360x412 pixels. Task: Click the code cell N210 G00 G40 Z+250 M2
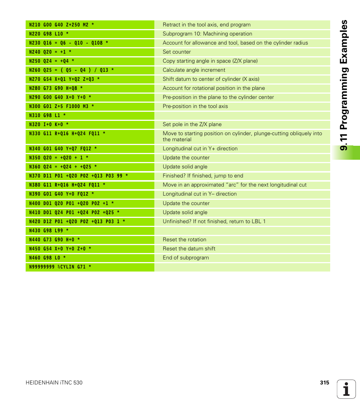coord(62,25)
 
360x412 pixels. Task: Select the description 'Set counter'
coord(177,52)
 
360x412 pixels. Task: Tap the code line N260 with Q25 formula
coord(71,70)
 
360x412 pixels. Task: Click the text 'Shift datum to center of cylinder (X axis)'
coord(211,79)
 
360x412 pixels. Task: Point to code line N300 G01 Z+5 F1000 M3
coord(62,106)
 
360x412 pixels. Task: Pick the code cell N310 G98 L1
coord(48,116)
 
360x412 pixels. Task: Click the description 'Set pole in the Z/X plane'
coord(192,125)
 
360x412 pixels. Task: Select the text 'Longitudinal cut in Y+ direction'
coord(200,149)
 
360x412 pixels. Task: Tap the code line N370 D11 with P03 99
coord(78,176)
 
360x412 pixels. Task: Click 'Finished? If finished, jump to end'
coord(203,176)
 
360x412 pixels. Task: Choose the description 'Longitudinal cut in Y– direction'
coord(200,194)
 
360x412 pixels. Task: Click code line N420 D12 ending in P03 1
coord(77,222)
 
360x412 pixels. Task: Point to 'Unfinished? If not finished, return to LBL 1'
coord(214,222)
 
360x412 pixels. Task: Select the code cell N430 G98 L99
coord(49,231)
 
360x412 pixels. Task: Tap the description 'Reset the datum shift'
coord(189,249)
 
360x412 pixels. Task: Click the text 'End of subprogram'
coord(186,258)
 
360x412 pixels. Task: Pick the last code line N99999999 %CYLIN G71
coord(60,267)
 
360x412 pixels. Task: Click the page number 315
coord(325,383)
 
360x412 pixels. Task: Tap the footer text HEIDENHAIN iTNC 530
coord(54,383)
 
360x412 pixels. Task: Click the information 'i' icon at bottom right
coord(346,389)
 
